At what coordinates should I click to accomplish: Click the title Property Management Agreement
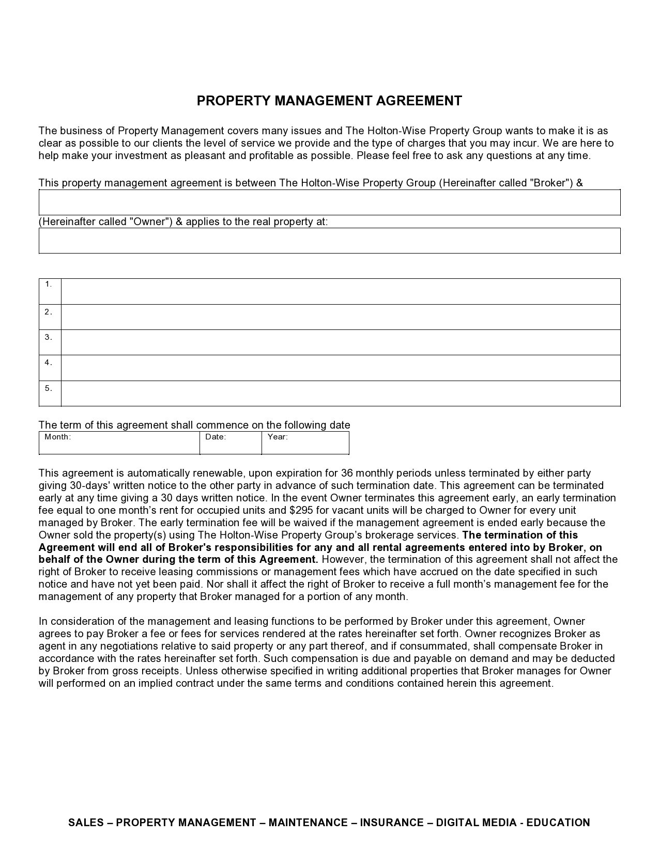[x=329, y=101]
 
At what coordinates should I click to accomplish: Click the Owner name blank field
[x=329, y=202]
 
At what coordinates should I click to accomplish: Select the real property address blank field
[x=329, y=241]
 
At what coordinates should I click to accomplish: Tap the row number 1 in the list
[x=49, y=285]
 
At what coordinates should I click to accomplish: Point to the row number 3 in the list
[x=49, y=337]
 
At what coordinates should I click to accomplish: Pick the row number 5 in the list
[x=49, y=388]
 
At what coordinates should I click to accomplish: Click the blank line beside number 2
[x=340, y=317]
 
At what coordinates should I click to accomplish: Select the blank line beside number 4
[x=340, y=368]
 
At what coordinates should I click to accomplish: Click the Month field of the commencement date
[x=119, y=443]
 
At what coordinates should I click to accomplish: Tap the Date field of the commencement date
[x=231, y=443]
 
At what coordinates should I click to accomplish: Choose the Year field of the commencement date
[x=305, y=443]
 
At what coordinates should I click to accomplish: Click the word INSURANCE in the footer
[x=391, y=823]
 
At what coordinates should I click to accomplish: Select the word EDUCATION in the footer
[x=558, y=823]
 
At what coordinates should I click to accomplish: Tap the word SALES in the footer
[x=85, y=823]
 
